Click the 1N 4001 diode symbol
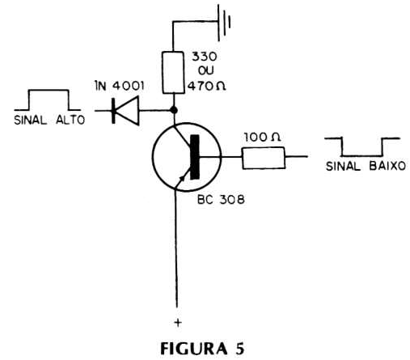(125, 110)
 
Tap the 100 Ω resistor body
(264, 158)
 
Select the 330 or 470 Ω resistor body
(173, 73)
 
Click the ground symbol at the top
(224, 23)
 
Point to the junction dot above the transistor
(174, 110)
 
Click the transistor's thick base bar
(195, 157)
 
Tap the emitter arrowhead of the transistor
(182, 178)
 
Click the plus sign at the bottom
(178, 323)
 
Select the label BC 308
(221, 200)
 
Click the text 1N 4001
(120, 86)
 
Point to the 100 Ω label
(262, 137)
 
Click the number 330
(205, 57)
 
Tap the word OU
(206, 70)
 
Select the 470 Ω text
(206, 86)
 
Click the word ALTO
(70, 120)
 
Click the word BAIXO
(387, 166)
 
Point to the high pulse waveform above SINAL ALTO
(48, 90)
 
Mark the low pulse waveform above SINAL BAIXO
(362, 156)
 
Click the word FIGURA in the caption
(194, 349)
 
